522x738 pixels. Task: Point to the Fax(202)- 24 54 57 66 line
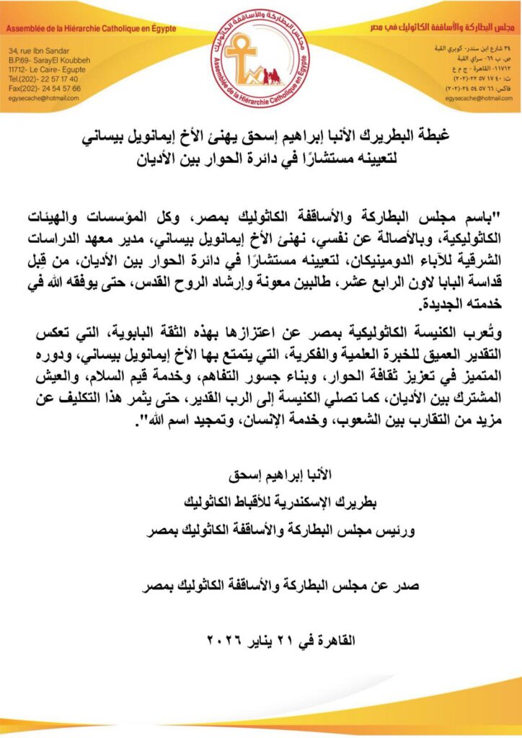45,88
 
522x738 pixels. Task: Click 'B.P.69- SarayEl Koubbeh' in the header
50,61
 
